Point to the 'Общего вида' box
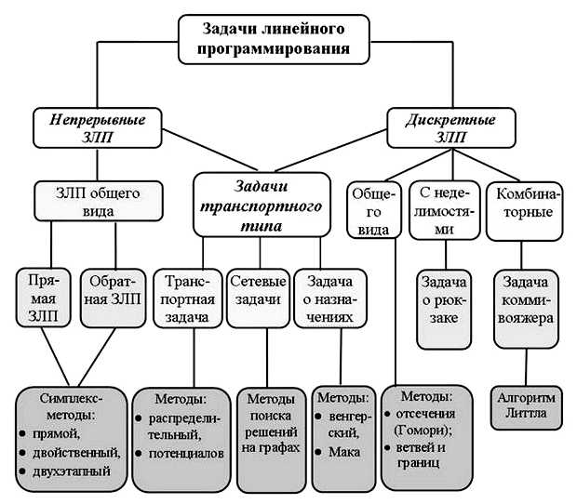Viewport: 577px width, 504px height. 373,213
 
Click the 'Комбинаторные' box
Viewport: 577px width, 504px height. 526,202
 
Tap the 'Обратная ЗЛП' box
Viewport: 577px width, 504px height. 114,298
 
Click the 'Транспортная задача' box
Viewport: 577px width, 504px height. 189,298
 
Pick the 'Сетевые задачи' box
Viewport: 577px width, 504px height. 258,298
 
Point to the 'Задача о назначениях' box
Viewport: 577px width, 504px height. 326,298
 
